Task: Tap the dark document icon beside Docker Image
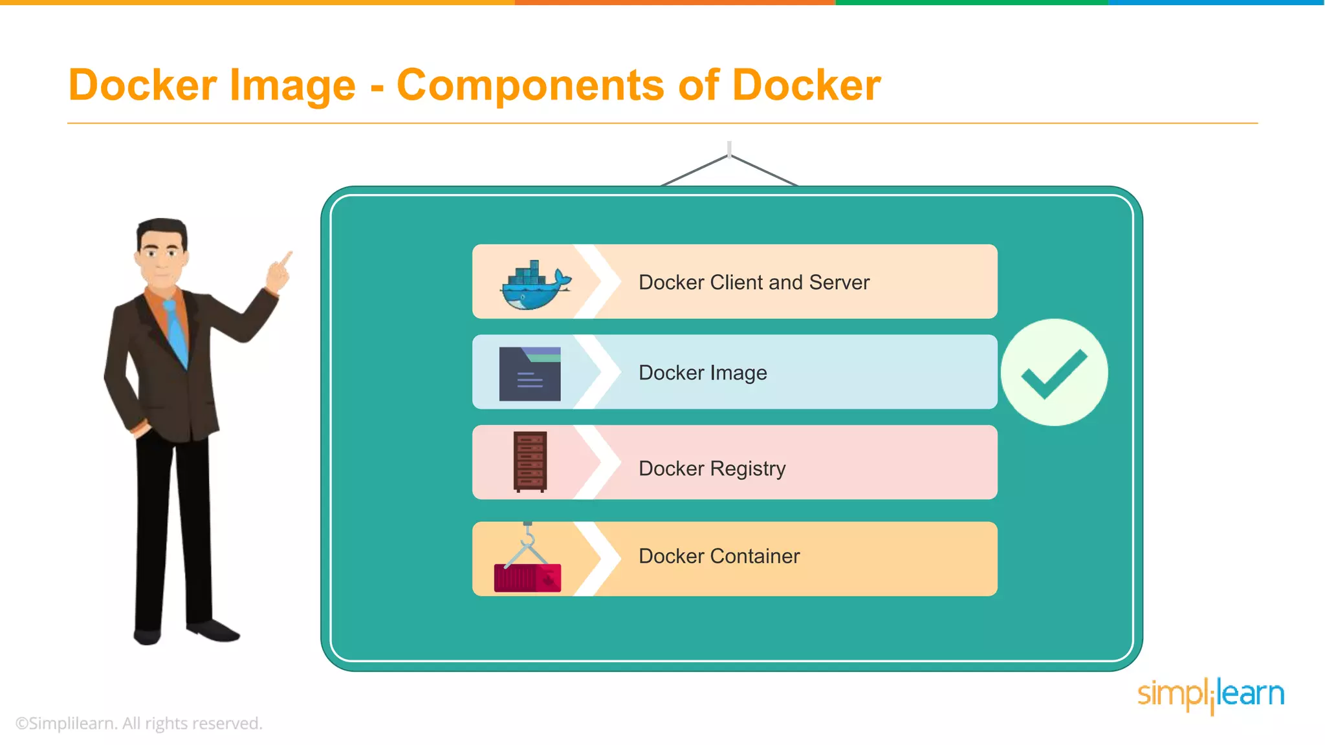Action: coord(530,374)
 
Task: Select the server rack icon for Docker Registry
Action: coord(530,462)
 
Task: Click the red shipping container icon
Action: coord(527,578)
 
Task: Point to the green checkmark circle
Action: coord(1054,372)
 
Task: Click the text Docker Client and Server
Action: coord(754,283)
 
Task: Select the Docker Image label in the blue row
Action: coord(703,373)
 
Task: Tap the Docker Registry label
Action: coord(712,468)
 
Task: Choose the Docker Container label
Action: coord(719,556)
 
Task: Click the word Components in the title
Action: coord(530,85)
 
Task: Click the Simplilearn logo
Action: coord(1210,695)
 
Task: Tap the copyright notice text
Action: coord(139,723)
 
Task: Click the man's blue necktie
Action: coord(176,332)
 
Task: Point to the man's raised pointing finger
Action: coord(285,259)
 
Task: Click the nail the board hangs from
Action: coord(729,149)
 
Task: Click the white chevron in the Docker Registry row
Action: coord(598,462)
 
